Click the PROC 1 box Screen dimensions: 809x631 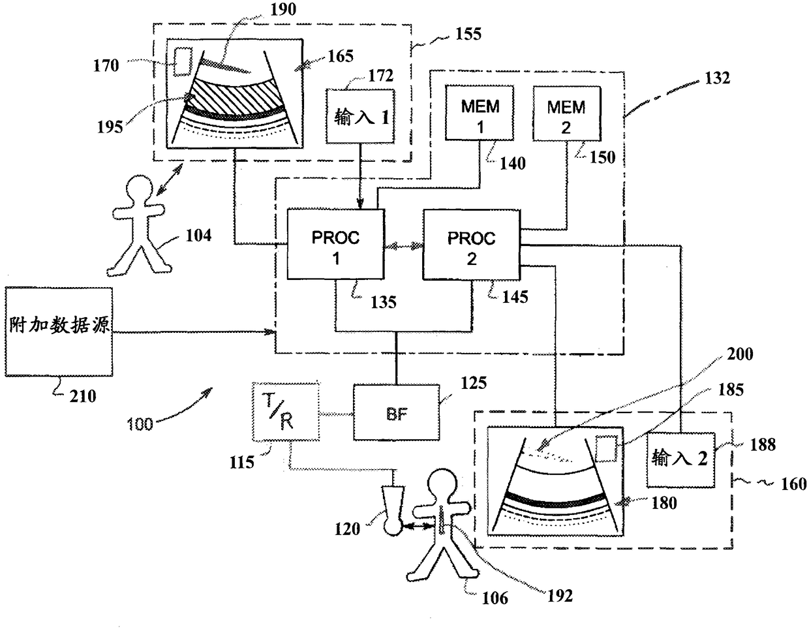(335, 244)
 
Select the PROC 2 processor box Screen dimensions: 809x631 (471, 245)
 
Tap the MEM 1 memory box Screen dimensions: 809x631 (480, 113)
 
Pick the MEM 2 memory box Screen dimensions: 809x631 (567, 114)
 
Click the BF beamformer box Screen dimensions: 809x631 (396, 412)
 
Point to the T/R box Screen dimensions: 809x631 (286, 412)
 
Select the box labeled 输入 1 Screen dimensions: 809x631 (360, 116)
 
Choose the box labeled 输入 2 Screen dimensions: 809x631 (680, 460)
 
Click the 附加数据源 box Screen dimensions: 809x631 (59, 331)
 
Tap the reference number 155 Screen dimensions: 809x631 (468, 34)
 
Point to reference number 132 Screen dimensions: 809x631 (718, 78)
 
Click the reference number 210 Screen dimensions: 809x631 (83, 397)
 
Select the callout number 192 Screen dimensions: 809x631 (560, 596)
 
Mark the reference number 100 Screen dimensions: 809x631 (140, 424)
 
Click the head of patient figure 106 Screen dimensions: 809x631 (442, 484)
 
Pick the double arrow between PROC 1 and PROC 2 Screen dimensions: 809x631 (404, 246)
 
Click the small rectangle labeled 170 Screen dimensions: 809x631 (183, 61)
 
